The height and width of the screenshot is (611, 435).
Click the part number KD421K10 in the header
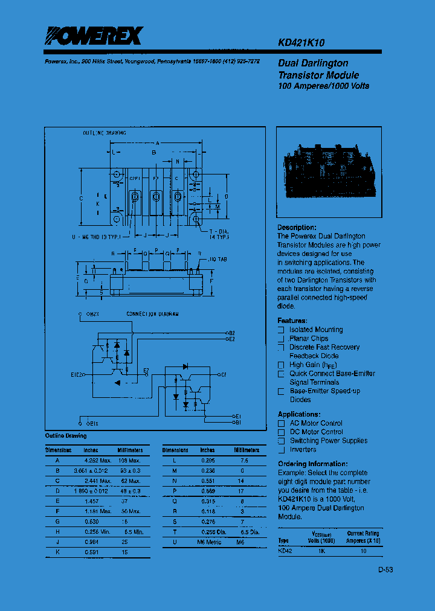coord(302,43)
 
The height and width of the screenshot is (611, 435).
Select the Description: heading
coord(297,228)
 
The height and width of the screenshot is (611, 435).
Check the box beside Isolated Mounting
coord(281,330)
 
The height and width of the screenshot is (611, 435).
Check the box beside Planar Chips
coord(281,339)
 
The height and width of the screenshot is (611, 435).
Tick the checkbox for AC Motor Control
coord(281,424)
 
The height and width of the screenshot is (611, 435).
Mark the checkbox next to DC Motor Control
coord(281,432)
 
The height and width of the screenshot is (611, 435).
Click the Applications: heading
coord(299,414)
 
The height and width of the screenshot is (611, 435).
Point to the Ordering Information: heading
coord(309,464)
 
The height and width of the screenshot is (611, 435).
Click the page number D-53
coord(386,569)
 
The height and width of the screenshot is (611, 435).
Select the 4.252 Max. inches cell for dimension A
coord(97,460)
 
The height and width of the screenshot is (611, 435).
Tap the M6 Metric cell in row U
coord(210,542)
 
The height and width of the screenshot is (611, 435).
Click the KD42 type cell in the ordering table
coord(285,551)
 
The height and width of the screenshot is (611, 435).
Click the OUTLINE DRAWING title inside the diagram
coord(105,132)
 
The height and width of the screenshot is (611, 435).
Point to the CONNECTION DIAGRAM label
coord(152,315)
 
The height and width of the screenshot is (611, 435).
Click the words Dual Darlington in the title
coord(313,63)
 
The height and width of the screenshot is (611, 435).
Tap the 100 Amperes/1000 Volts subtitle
coord(323,86)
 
